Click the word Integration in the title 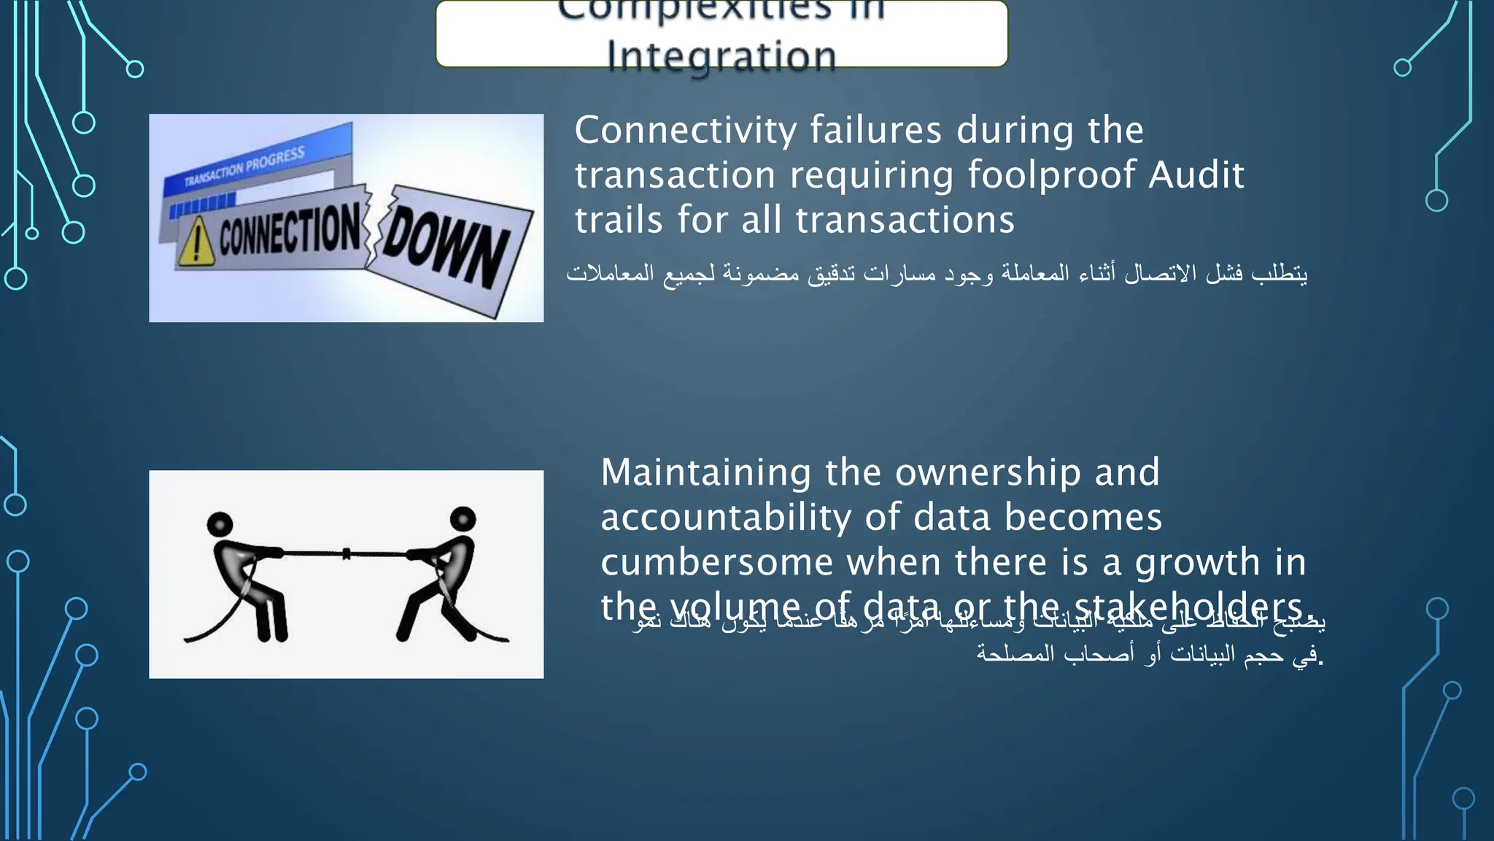721,55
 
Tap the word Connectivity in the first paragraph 686,131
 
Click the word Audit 1196,175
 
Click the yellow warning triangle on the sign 196,243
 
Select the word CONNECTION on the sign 290,229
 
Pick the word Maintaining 705,473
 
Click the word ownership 988,473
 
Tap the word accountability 726,518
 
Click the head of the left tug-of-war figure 220,524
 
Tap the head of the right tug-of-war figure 463,519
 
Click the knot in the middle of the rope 347,554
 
